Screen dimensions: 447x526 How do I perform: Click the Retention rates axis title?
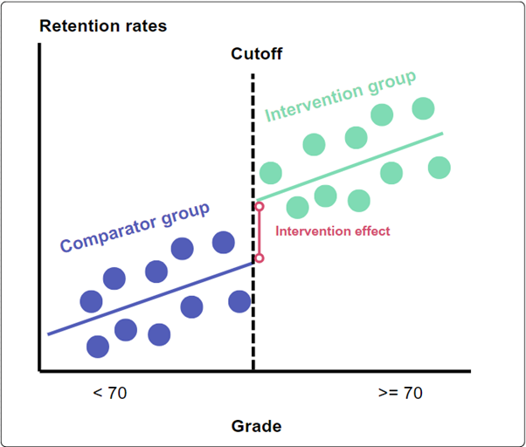click(x=103, y=26)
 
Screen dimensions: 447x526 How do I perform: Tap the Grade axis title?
click(x=256, y=427)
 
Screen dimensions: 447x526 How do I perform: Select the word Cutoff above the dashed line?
click(x=257, y=55)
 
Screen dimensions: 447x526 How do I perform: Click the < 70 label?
click(x=110, y=393)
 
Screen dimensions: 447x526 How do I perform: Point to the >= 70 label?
click(x=400, y=393)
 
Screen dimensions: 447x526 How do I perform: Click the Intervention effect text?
click(x=332, y=231)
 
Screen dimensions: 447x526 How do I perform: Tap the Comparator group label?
click(x=135, y=228)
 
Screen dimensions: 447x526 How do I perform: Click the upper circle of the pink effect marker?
click(x=259, y=207)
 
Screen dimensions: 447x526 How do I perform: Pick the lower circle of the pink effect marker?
click(x=259, y=258)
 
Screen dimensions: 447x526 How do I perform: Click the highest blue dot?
click(x=224, y=242)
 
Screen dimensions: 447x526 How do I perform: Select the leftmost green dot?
click(x=271, y=172)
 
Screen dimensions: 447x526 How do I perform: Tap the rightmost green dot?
click(x=439, y=167)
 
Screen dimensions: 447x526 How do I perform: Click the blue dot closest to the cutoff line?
click(x=239, y=301)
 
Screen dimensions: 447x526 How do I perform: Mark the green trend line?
click(x=350, y=166)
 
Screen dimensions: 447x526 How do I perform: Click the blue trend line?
click(x=149, y=297)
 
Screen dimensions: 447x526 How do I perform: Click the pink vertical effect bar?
click(x=259, y=232)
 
